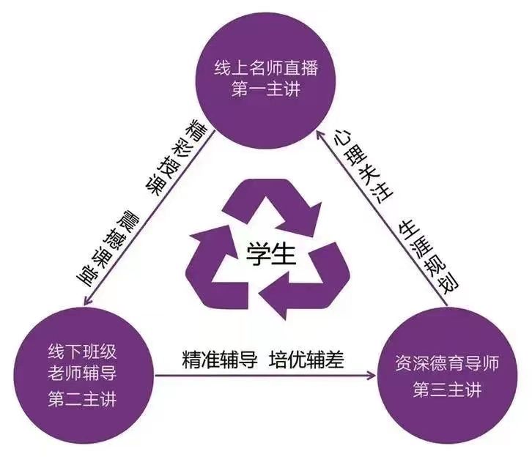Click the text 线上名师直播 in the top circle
tap(266, 68)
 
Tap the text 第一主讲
tap(266, 89)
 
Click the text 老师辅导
tap(83, 373)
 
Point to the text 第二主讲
tap(83, 399)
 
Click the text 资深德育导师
tap(447, 363)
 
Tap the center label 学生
tap(270, 254)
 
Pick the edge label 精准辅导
tap(220, 360)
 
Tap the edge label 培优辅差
tap(306, 360)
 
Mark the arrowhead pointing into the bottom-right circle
tap(372, 376)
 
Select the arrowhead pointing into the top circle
tap(320, 135)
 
